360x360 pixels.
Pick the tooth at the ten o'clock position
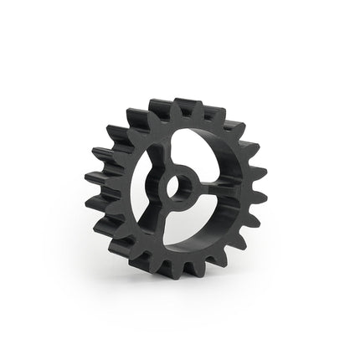pyautogui.click(x=117, y=134)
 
